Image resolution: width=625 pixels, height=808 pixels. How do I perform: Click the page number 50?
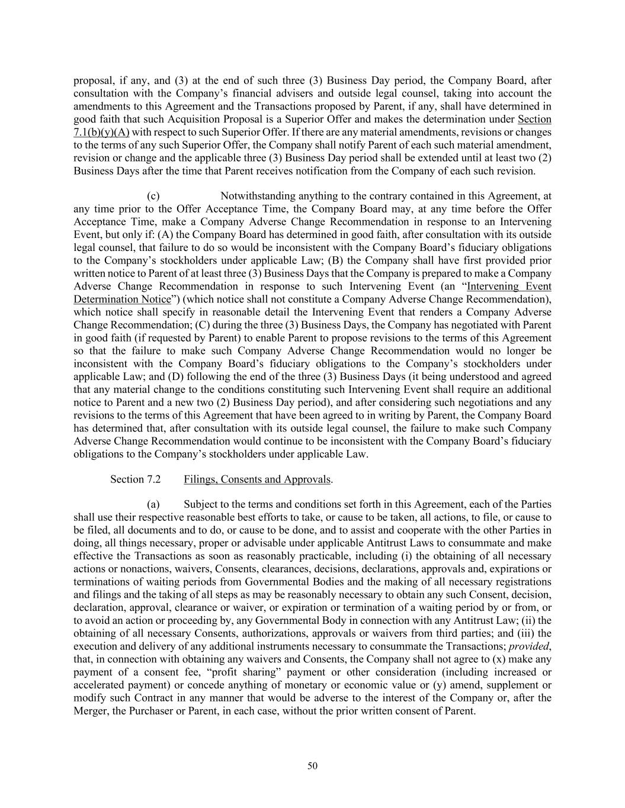point(312,766)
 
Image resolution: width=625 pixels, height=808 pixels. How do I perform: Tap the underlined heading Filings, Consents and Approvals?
point(257,479)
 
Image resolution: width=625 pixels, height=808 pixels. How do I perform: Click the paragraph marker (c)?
point(153,197)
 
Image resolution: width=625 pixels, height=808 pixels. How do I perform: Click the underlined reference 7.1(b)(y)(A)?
point(101,132)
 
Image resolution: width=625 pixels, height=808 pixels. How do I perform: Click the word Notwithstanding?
point(257,197)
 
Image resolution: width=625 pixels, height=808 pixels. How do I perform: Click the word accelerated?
point(99,685)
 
